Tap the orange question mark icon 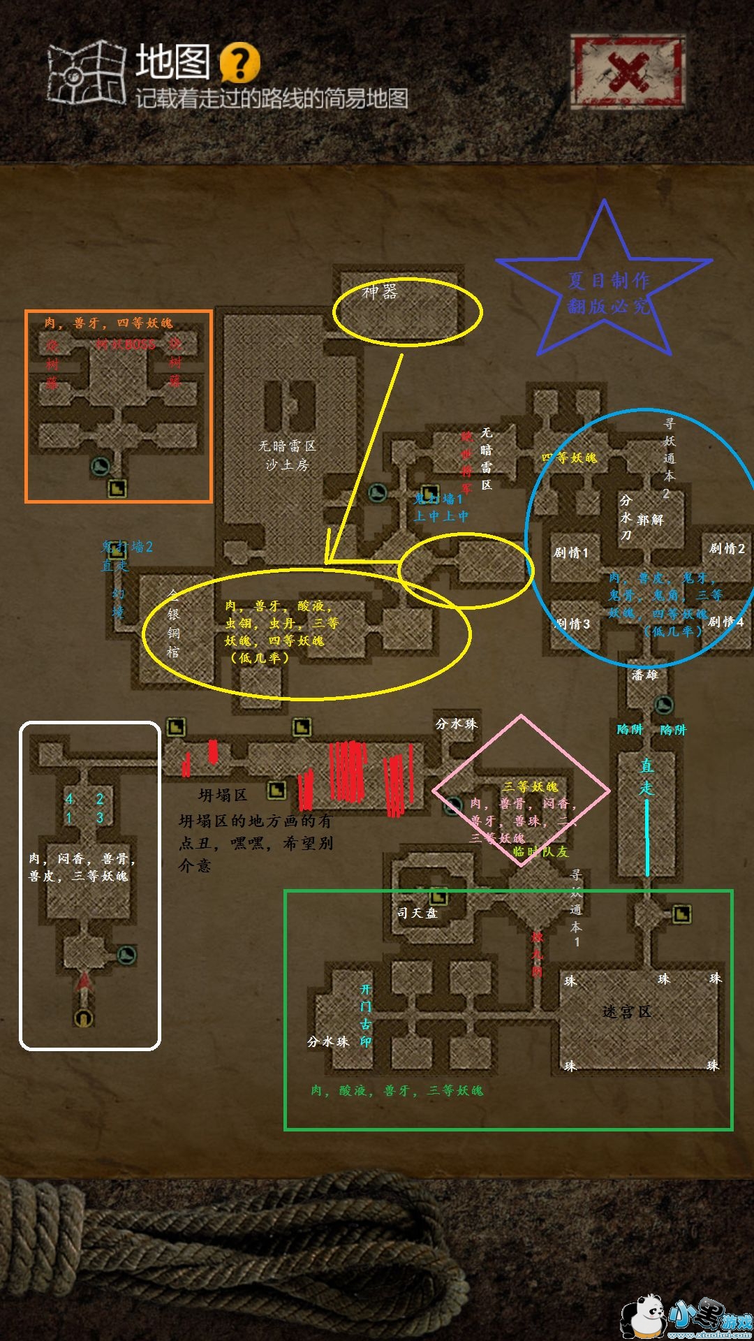coord(239,63)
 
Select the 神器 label coord(380,292)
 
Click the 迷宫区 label coord(626,1011)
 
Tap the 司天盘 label coord(417,913)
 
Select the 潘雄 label coord(644,675)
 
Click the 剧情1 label coord(571,552)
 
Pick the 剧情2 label coord(727,548)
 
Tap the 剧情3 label coord(572,624)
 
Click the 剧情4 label coord(726,622)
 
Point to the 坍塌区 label coord(223,795)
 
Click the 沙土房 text coord(287,464)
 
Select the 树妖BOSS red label coord(126,344)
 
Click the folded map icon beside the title coord(86,72)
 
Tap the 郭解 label coord(650,520)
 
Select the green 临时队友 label coord(540,851)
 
